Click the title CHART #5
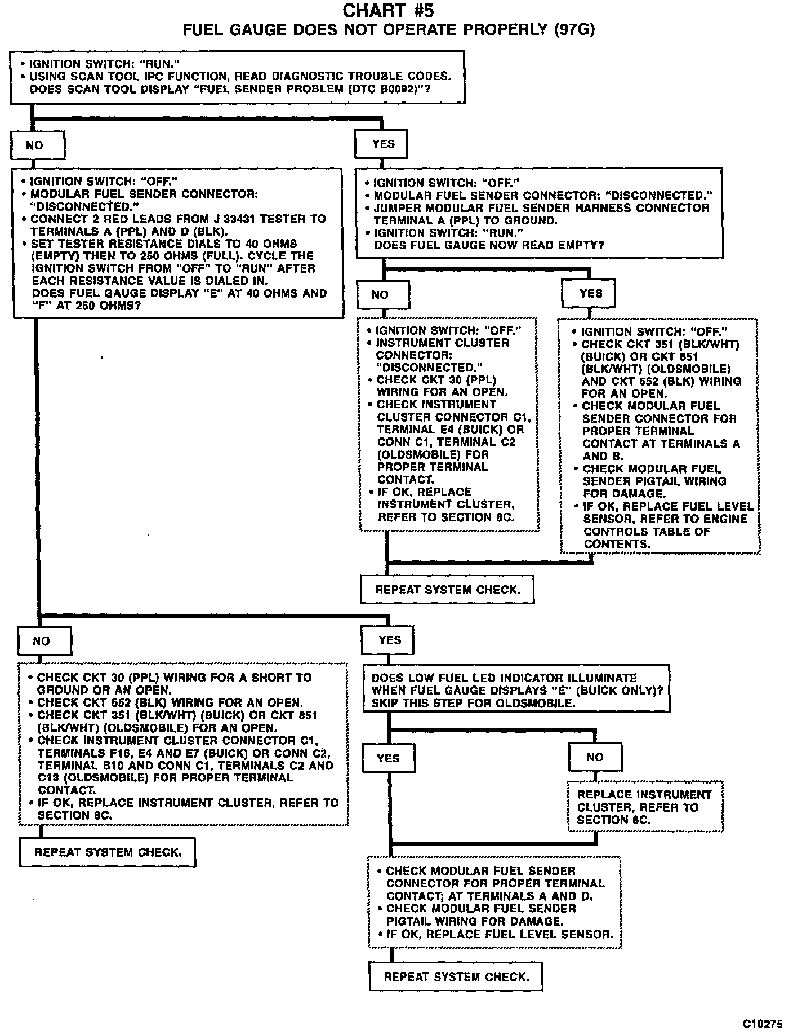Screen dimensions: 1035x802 [388, 10]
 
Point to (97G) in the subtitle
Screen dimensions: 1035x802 [574, 29]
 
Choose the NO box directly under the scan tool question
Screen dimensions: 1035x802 [37, 145]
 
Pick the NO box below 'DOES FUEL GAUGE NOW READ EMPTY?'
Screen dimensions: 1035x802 [383, 294]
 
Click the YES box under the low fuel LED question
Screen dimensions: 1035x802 [388, 758]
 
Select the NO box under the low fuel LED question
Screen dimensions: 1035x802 [595, 757]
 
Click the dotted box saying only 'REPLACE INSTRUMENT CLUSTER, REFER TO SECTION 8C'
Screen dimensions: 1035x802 [644, 807]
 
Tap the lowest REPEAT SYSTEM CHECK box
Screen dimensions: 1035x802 [456, 976]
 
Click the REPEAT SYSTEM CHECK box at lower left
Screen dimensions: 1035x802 [107, 852]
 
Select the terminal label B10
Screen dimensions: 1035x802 [112, 765]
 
